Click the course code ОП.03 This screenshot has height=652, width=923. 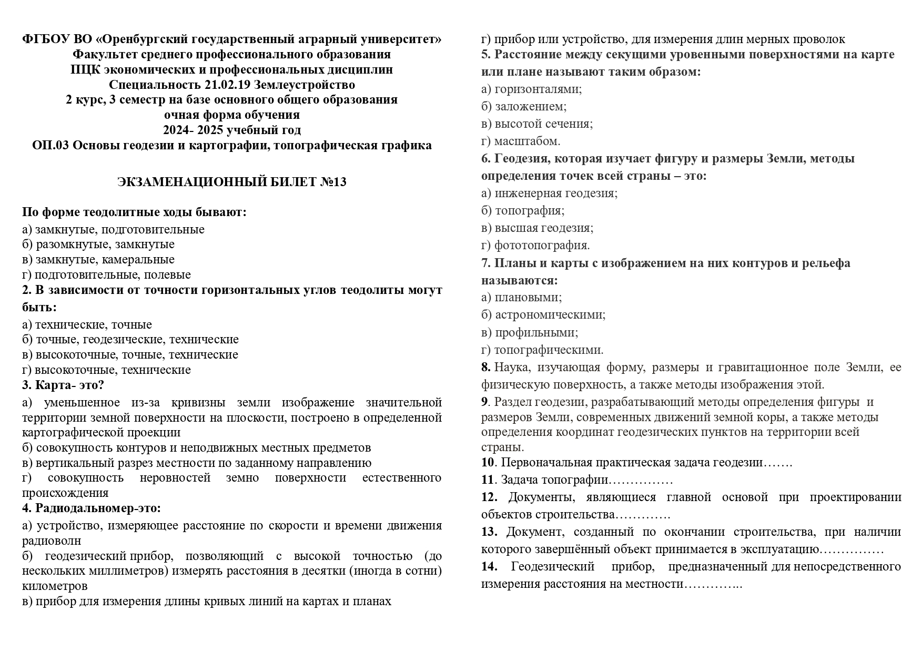[50, 145]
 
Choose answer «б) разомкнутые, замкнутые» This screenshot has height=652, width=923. [98, 244]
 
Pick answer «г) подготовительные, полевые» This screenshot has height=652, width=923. [106, 274]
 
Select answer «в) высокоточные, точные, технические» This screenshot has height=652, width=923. [130, 355]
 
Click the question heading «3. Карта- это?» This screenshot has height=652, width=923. [63, 385]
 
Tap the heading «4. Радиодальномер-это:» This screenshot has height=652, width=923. [92, 508]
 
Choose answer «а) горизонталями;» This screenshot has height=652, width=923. [531, 89]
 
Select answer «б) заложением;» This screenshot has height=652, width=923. [524, 107]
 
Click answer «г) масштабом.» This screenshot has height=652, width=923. [521, 141]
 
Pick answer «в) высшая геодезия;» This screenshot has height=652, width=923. [537, 228]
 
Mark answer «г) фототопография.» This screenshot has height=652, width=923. [535, 245]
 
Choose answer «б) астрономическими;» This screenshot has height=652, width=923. [543, 315]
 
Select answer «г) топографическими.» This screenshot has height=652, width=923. [542, 350]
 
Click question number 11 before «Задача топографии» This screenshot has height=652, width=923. [488, 480]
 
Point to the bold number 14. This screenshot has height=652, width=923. [489, 567]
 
